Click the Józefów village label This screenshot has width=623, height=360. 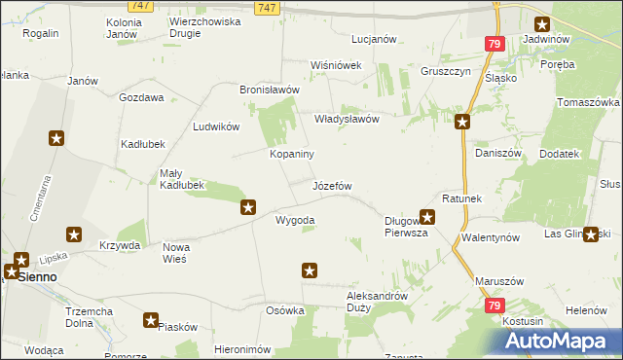pos(332,185)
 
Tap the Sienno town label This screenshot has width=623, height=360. pos(36,276)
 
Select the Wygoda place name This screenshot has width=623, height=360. pos(295,221)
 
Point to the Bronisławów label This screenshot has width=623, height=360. pos(269,90)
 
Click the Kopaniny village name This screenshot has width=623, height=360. pos(291,154)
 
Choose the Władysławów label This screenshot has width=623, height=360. pos(346,119)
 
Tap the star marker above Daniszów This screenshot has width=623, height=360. pos(462,122)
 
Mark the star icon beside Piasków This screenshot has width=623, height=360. pos(151,319)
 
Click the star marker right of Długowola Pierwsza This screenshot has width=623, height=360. pos(426,217)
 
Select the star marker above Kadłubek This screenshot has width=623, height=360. pos(56,138)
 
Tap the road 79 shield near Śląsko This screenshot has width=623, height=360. pos(495,45)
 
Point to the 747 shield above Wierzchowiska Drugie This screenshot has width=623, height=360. pos(141,6)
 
